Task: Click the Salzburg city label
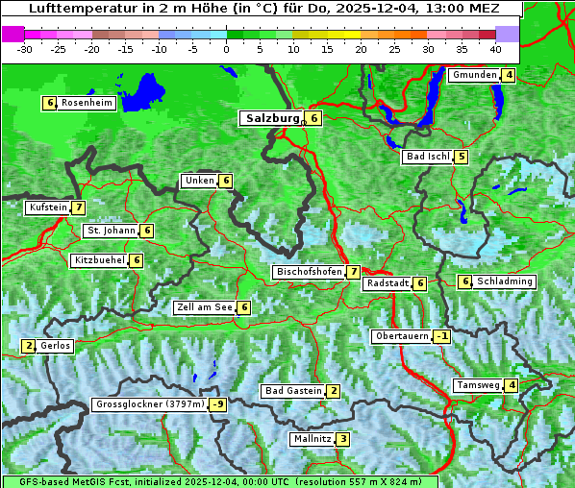click(x=272, y=118)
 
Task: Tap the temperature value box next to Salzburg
click(x=314, y=118)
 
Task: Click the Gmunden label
click(x=474, y=75)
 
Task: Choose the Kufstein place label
click(x=48, y=207)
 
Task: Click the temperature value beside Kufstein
click(x=78, y=207)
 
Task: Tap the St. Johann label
click(x=110, y=231)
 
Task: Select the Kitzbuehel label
click(x=100, y=260)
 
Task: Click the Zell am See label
click(x=205, y=307)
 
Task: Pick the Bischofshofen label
click(x=309, y=272)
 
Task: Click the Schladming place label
click(x=505, y=281)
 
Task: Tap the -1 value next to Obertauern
click(x=441, y=336)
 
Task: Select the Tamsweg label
click(x=477, y=385)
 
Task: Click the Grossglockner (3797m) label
click(x=150, y=404)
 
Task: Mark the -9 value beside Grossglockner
click(x=218, y=404)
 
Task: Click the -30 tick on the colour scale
click(x=25, y=48)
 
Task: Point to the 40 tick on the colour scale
click(x=494, y=48)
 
